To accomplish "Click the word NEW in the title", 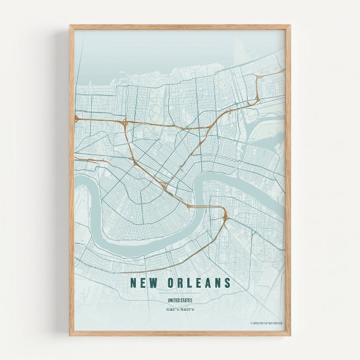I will point(143,283).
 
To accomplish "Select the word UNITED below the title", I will point(173,301).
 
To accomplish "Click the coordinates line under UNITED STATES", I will point(179,309).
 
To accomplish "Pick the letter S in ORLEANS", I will point(226,283).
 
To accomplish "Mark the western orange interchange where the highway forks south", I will point(124,122).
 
